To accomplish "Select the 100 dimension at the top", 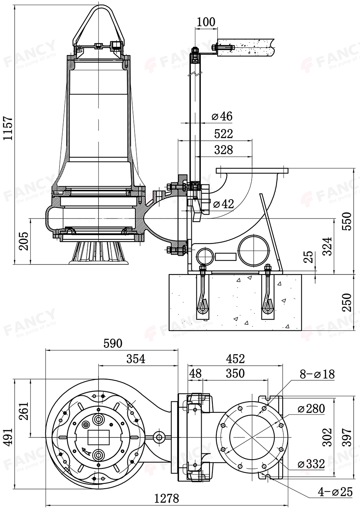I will [x=206, y=22].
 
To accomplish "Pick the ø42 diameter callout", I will [x=223, y=204].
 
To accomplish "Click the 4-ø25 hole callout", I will [x=335, y=492].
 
